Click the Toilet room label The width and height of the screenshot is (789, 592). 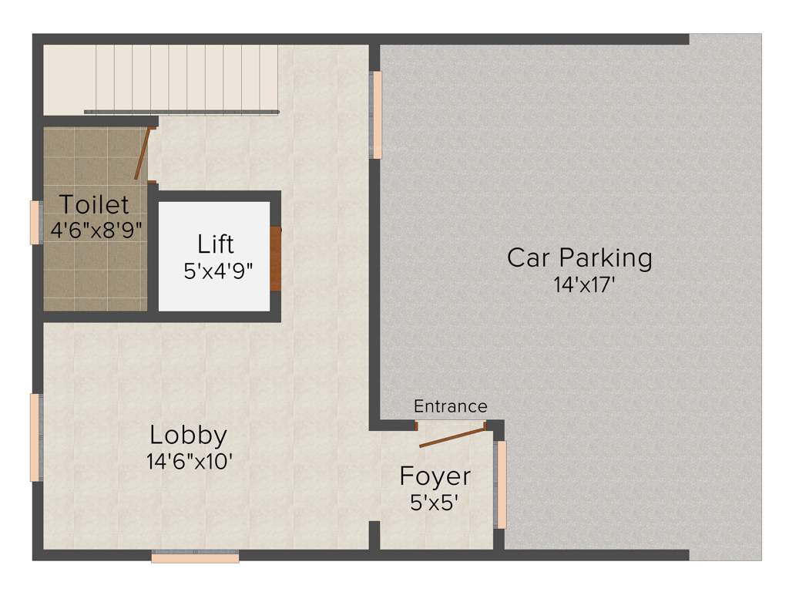click(x=94, y=205)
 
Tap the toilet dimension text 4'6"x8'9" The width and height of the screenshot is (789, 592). click(x=96, y=230)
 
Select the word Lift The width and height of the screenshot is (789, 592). click(x=216, y=245)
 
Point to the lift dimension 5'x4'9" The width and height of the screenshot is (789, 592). click(x=219, y=271)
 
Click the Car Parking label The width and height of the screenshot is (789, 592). click(x=579, y=257)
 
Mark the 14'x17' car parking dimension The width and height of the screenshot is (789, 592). click(x=583, y=285)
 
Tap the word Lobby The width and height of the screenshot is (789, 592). click(x=188, y=436)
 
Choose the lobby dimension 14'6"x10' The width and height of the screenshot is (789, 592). click(x=190, y=462)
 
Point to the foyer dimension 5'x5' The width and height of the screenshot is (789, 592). click(x=435, y=503)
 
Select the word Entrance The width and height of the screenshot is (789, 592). click(x=450, y=406)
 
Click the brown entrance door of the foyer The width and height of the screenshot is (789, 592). click(x=452, y=436)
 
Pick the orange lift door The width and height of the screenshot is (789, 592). click(x=276, y=258)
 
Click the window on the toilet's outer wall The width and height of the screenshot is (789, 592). click(x=35, y=222)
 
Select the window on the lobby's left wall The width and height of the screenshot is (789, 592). click(x=35, y=437)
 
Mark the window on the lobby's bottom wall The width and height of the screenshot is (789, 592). click(x=195, y=556)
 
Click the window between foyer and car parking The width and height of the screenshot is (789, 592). click(x=501, y=484)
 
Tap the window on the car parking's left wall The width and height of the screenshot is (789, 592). click(x=376, y=115)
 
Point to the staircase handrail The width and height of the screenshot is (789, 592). click(x=181, y=113)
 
